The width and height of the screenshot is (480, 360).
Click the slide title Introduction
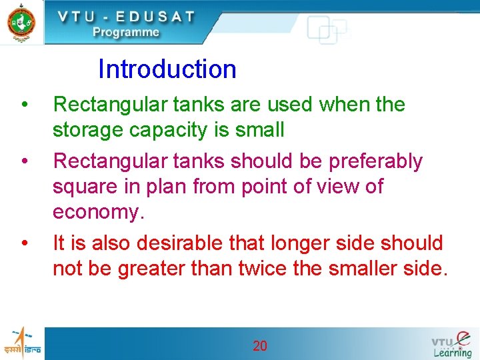(x=167, y=69)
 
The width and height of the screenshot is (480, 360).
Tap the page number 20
(x=260, y=345)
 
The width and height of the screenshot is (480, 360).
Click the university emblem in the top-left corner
(x=21, y=22)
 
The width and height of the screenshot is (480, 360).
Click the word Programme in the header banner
(x=126, y=32)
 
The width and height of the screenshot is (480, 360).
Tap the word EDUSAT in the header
(x=154, y=17)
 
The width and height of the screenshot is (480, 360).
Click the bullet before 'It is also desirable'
(x=24, y=243)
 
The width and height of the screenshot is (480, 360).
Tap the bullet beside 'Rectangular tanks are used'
(x=24, y=105)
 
